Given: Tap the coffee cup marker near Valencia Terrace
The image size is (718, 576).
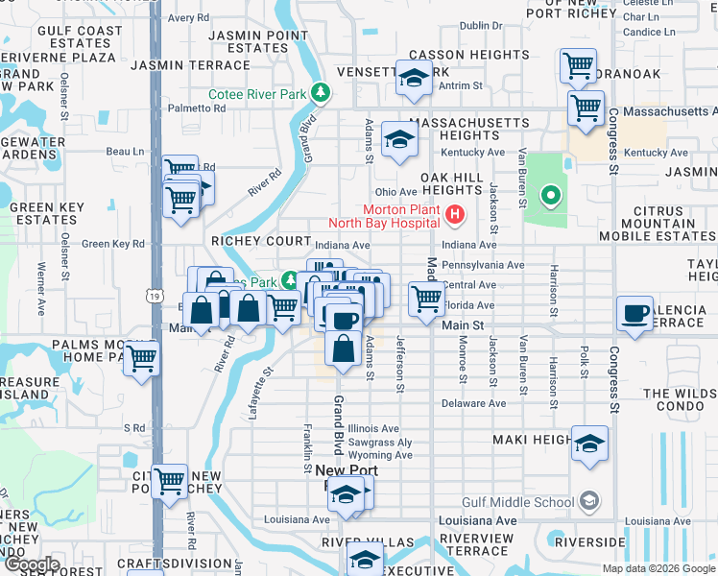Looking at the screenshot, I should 635,315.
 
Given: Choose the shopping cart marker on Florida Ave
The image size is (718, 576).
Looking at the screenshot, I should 426,299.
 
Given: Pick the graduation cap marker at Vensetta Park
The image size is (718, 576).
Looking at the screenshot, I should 414,80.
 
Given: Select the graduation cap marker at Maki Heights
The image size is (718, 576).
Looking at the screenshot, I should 590,444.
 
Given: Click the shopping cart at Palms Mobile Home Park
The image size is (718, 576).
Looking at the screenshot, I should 142,359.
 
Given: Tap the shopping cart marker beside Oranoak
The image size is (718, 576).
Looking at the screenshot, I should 578,65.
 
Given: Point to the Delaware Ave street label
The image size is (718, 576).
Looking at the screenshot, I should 473,403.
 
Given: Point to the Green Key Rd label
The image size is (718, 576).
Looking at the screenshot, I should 112,244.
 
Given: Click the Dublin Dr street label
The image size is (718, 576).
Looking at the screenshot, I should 481,26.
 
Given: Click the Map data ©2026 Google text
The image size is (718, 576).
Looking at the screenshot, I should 658,568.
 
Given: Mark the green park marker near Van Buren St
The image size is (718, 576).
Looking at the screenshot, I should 550,198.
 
